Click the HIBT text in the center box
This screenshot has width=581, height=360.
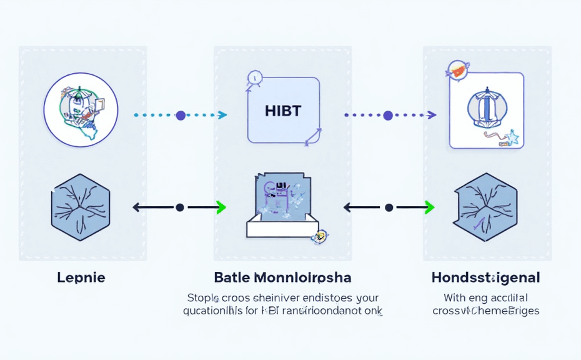(x=283, y=111)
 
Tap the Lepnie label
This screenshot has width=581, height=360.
(x=81, y=277)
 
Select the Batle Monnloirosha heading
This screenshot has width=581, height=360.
(x=282, y=277)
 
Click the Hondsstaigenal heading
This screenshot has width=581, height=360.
(x=485, y=277)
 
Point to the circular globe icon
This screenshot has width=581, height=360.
(x=81, y=109)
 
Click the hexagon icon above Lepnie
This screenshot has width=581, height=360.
(x=80, y=207)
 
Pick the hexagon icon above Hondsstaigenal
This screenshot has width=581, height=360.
(x=485, y=207)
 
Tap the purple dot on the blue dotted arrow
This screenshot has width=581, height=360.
(x=181, y=115)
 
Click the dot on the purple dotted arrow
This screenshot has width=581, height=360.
(x=388, y=115)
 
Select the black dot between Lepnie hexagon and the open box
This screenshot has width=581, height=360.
(x=180, y=207)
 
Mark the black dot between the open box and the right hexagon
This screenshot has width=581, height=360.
(x=389, y=207)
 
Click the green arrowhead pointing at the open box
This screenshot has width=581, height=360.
(x=220, y=207)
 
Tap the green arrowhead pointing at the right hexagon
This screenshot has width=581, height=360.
(x=429, y=207)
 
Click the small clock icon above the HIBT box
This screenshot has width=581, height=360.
(x=254, y=78)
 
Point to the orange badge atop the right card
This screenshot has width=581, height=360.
(x=458, y=71)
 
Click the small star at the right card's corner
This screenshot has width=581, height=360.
(x=514, y=137)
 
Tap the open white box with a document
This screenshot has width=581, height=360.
(x=282, y=206)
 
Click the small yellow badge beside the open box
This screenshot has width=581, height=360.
(x=321, y=236)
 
